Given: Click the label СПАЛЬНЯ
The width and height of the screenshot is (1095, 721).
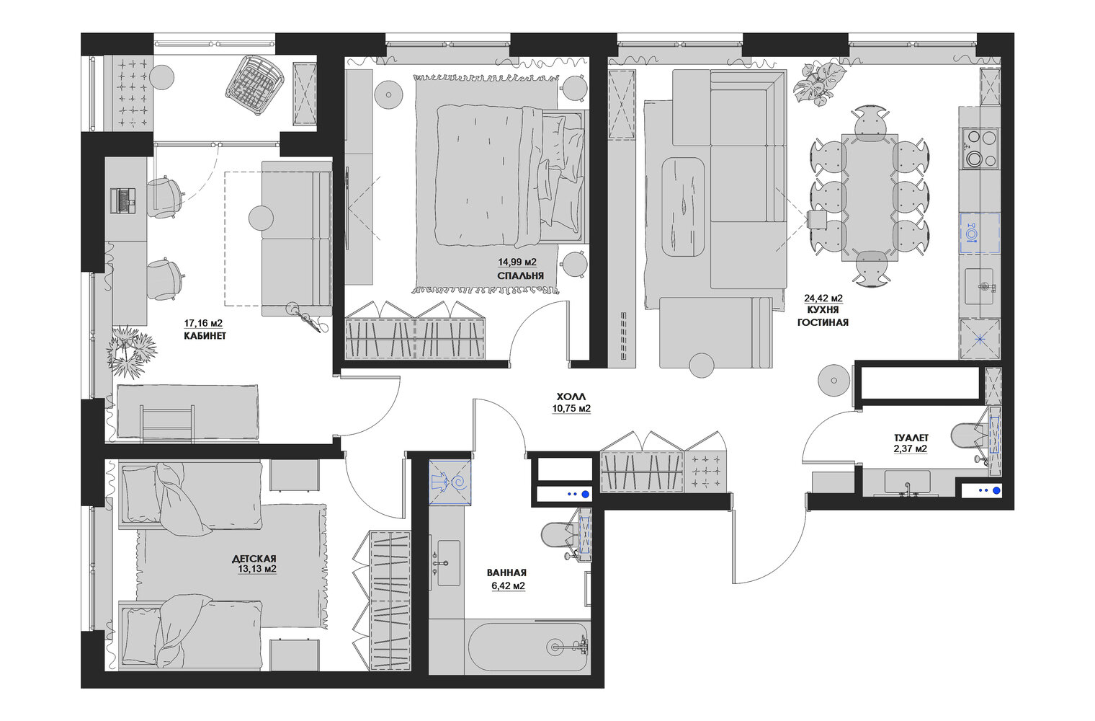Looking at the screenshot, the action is click(520, 276).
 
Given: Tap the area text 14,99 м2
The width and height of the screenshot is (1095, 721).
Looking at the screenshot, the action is click(517, 262).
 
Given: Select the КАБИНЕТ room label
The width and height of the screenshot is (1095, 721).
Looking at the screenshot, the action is click(205, 336).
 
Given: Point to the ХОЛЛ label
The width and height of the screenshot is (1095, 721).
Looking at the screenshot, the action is click(571, 397).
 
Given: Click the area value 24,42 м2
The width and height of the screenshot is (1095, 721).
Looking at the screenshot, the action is click(823, 298).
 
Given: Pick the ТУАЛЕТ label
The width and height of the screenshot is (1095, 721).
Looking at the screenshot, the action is click(911, 438).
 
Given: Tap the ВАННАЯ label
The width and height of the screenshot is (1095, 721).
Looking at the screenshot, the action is click(506, 572).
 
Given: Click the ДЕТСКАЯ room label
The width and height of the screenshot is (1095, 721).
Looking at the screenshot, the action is click(254, 559).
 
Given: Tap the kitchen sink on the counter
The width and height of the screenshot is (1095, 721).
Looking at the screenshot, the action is click(979, 286).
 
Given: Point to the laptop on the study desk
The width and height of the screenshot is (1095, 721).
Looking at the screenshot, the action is click(122, 200).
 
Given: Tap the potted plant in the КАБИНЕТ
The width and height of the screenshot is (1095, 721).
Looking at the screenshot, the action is click(131, 350).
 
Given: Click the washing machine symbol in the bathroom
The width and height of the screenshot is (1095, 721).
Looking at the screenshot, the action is click(450, 482).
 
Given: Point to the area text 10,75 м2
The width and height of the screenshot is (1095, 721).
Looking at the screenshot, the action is click(571, 409).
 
